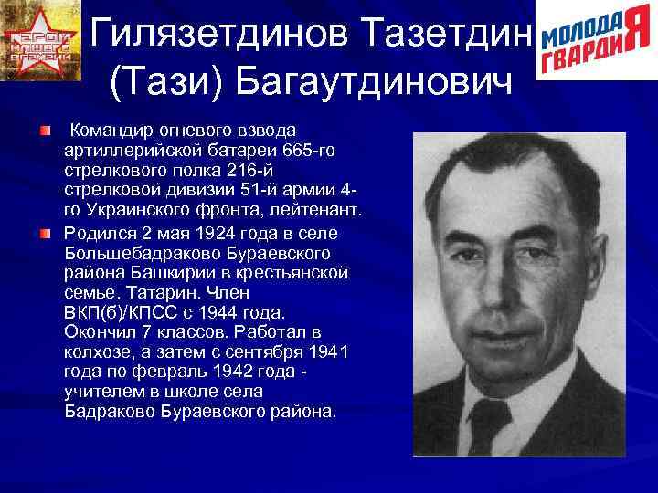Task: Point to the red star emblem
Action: [41, 41]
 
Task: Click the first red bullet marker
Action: [44, 132]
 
